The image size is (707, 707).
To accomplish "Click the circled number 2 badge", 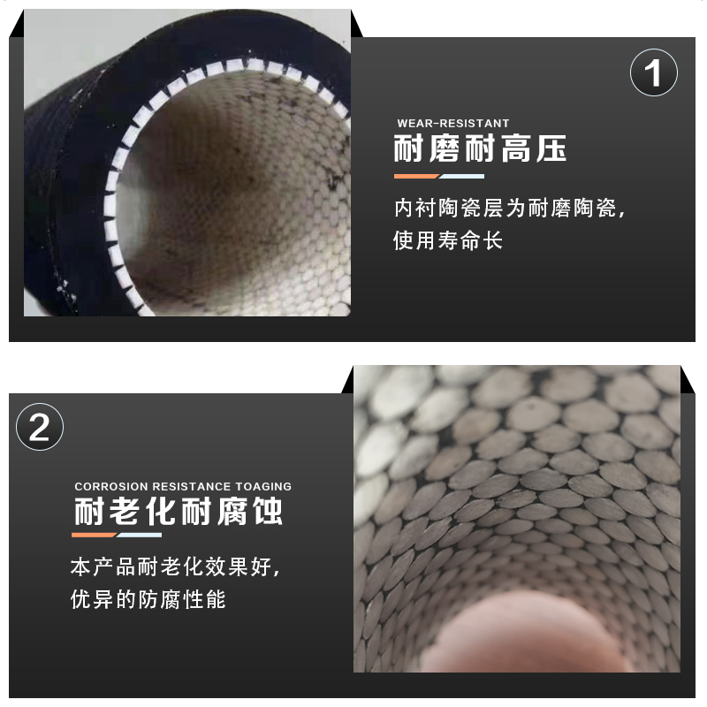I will [40, 430].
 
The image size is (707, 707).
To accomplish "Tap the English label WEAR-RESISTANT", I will [453, 124].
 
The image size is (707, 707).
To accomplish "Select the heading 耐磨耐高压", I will [479, 148].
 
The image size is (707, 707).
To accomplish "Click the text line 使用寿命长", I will [448, 240].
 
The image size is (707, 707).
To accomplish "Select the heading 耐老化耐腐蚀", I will [179, 513].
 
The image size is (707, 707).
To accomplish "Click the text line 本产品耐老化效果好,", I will [180, 566].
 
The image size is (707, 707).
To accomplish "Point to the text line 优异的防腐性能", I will [148, 600].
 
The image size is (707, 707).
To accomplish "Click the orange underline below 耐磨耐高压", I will [415, 176].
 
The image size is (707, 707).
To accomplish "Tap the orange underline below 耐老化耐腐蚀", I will [95, 536].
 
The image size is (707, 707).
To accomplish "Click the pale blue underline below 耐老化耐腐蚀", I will [140, 536].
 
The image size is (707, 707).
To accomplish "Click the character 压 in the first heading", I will [549, 148].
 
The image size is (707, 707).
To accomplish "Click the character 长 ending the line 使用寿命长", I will [492, 240].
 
